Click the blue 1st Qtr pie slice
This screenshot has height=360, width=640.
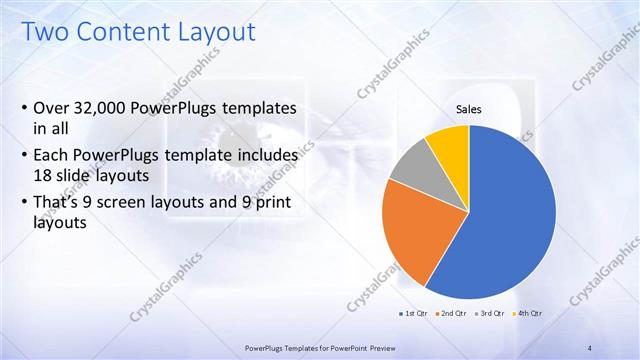click(x=510, y=220)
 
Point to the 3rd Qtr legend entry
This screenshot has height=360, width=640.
click(x=487, y=314)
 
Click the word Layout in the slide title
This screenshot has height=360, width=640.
click(x=210, y=32)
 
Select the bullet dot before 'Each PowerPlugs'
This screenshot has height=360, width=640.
click(x=24, y=157)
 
